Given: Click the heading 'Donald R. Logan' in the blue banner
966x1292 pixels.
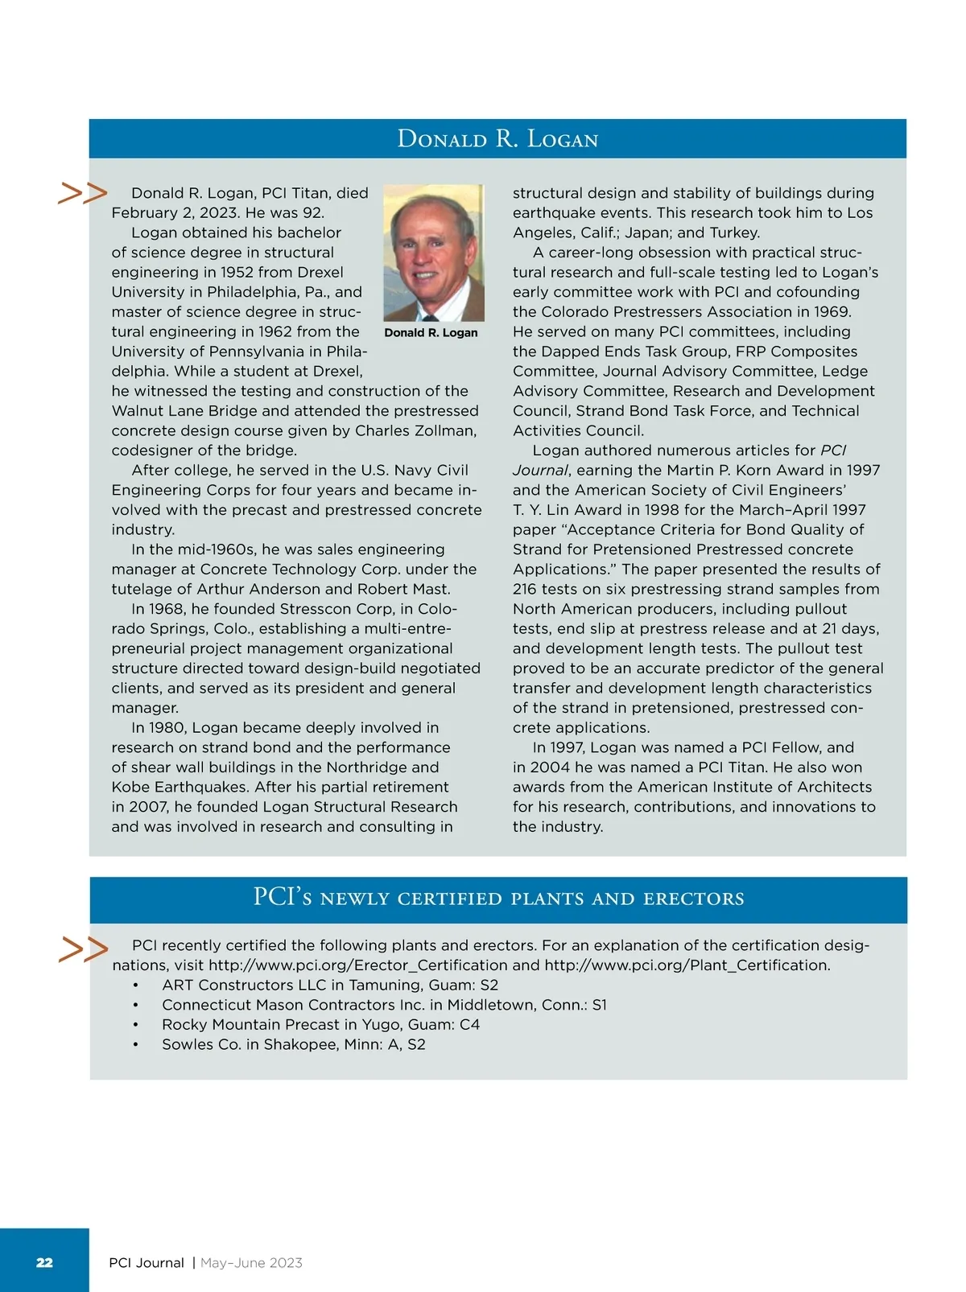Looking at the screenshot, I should tap(497, 139).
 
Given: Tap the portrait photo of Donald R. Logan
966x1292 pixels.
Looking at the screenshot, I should tap(433, 253).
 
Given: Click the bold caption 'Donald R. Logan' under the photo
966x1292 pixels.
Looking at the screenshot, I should tap(431, 333).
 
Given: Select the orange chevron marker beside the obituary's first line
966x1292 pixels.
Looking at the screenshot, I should tap(82, 193).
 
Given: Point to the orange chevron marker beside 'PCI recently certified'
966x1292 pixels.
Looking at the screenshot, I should tap(83, 949).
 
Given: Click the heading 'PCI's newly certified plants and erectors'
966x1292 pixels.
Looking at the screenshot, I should tap(498, 898).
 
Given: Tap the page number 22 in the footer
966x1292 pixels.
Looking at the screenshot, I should tap(44, 1262).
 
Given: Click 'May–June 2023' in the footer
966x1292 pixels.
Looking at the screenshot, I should tap(251, 1263).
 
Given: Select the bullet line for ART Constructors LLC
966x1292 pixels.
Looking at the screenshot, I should tap(330, 985).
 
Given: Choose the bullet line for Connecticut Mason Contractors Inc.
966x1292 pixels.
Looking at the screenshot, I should tap(384, 1005).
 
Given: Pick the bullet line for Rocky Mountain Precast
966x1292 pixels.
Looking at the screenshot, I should tap(320, 1025).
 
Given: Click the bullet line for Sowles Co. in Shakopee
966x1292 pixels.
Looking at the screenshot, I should tap(293, 1044).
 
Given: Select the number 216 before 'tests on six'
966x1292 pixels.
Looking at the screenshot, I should tap(526, 590).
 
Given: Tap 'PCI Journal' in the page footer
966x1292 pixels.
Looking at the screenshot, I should tap(147, 1263).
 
